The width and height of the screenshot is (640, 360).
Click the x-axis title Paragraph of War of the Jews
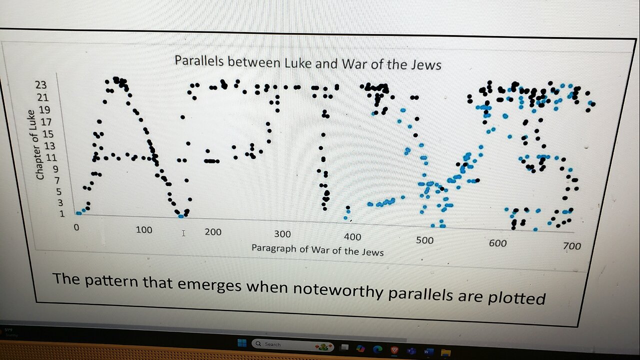coord(317,249)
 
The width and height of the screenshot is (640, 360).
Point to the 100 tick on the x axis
coord(143,230)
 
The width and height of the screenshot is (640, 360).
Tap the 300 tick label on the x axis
coord(282,234)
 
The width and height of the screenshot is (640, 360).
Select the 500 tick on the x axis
coord(424,240)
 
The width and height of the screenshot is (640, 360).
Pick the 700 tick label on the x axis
coord(571,245)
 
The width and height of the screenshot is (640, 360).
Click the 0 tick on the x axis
coord(76,227)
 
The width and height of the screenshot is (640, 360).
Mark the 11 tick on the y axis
coord(50,157)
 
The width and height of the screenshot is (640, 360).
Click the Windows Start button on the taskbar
coord(242,343)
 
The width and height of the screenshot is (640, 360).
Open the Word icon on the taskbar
coord(428,351)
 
